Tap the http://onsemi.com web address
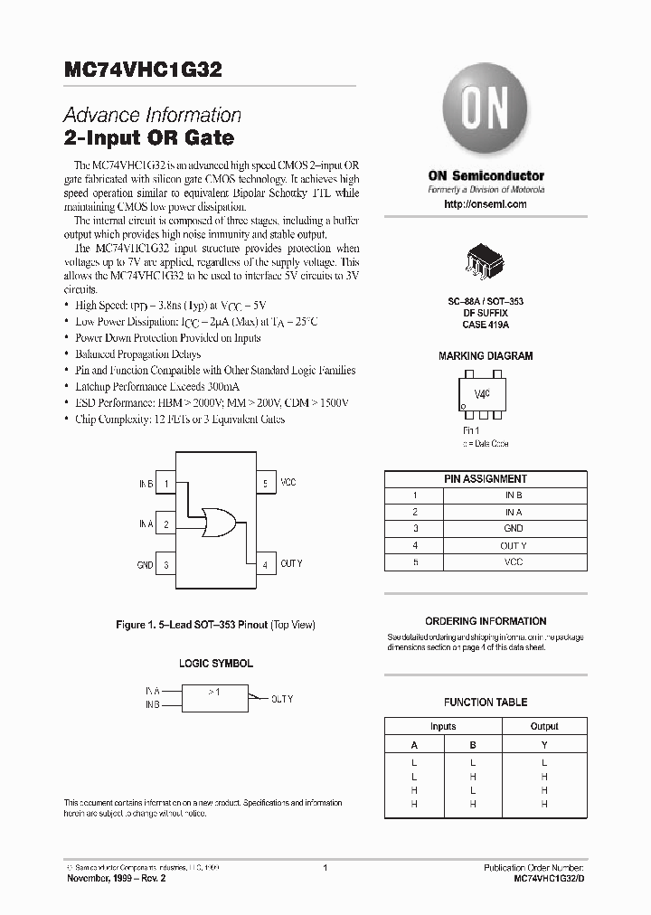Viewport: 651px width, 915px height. [x=486, y=204]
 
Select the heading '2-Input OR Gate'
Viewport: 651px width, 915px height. [x=148, y=138]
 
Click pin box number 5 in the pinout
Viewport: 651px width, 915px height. [x=265, y=484]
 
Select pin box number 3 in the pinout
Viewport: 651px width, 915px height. [x=166, y=565]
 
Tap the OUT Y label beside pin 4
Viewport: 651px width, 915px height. [x=291, y=564]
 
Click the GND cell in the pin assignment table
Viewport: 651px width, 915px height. [x=513, y=528]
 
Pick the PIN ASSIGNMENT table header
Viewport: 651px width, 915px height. [x=486, y=478]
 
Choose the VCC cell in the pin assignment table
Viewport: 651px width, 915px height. [x=513, y=561]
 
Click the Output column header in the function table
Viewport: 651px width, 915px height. [x=544, y=726]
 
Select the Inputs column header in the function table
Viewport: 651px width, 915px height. [x=443, y=726]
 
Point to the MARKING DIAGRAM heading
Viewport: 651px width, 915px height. [x=486, y=356]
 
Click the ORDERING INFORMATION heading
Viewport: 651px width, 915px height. [x=486, y=621]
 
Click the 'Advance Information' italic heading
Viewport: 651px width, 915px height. [x=152, y=116]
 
